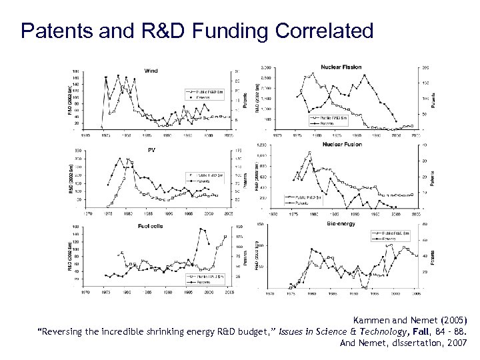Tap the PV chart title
pyautogui.click(x=151, y=150)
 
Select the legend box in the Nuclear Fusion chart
pyautogui.click(x=304, y=198)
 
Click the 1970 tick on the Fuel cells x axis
pyautogui.click(x=84, y=291)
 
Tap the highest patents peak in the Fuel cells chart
pyautogui.click(x=202, y=229)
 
